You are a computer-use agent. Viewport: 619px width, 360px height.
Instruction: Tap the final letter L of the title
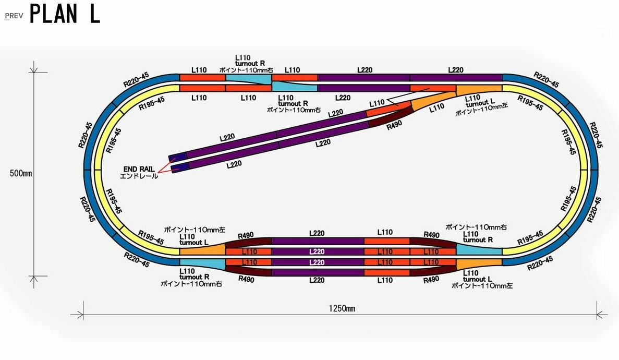tap(94, 15)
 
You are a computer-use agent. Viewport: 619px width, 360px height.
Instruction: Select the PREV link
tap(14, 16)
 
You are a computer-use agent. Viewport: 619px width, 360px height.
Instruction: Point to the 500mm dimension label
tap(21, 173)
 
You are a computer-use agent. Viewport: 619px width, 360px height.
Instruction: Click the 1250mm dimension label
tap(342, 308)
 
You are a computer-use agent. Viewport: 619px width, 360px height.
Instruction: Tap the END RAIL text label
tap(139, 169)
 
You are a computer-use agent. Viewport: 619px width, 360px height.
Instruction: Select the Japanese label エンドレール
tap(139, 176)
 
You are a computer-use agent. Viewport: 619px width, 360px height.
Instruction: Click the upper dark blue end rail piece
tap(177, 157)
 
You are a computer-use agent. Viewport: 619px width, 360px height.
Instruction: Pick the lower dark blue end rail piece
tap(180, 167)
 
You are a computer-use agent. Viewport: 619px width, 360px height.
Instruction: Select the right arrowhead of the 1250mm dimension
tap(600, 315)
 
